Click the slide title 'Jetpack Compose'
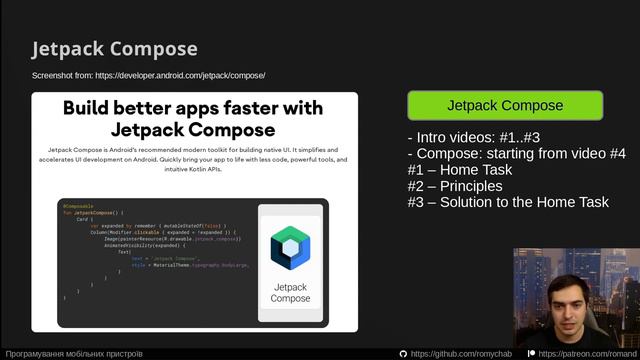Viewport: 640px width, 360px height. [114, 49]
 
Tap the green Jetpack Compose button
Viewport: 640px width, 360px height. [505, 105]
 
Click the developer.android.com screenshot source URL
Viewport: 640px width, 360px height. [148, 75]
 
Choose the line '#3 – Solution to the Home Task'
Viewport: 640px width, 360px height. [507, 202]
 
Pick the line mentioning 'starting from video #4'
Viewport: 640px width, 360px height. [516, 154]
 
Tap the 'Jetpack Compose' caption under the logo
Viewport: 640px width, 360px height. [291, 292]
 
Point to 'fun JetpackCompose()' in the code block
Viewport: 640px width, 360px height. [92, 213]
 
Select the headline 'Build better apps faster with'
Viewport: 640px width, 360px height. [193, 108]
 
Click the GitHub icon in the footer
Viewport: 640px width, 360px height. [403, 353]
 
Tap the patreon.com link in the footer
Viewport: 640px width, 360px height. [586, 353]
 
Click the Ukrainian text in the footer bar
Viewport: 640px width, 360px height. [74, 353]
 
